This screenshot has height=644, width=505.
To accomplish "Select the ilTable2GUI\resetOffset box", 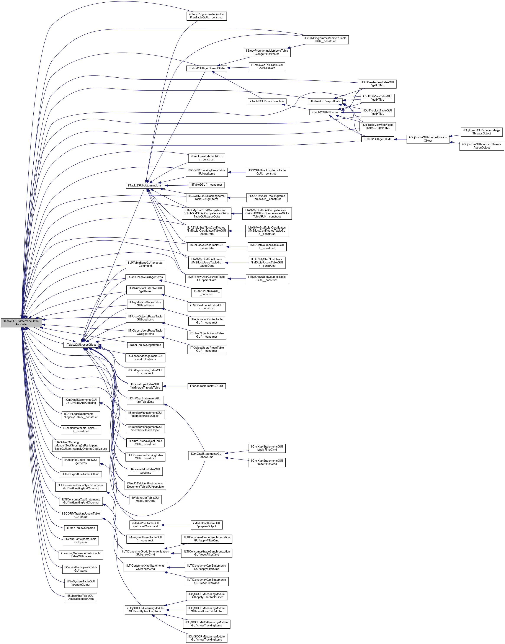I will point(81,345).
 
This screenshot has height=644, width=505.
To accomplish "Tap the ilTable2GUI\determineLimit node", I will point(145,185).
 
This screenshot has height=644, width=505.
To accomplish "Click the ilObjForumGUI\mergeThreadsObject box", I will point(428,139).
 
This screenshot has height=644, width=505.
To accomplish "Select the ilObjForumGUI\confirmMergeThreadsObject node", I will point(482,132).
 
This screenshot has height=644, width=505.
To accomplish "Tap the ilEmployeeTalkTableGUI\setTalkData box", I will point(267,67).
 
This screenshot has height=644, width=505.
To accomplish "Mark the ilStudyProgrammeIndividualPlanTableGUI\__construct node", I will point(207,16).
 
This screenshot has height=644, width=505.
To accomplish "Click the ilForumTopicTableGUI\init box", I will point(207,386).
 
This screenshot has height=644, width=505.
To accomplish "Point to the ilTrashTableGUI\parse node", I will point(81,528).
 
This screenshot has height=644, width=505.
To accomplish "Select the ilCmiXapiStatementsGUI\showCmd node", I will point(207,455).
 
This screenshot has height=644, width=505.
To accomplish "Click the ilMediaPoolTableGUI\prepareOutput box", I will point(207,525).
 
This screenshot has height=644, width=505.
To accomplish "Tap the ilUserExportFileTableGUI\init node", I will point(81,474).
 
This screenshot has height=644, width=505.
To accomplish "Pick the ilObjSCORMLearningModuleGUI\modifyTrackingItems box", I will point(145,610).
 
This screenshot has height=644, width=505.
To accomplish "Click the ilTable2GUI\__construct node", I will point(207,185).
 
